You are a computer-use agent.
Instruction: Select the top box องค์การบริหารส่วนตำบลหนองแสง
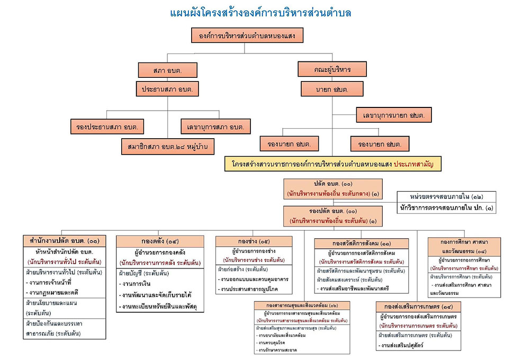tap(247, 36)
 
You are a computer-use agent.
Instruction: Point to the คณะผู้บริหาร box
tap(332, 69)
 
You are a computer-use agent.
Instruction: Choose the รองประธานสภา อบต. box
tap(107, 127)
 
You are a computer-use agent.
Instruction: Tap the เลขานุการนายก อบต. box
tap(394, 114)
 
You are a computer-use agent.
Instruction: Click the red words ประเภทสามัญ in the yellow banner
tap(417, 164)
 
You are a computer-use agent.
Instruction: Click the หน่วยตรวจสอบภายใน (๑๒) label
tap(447, 196)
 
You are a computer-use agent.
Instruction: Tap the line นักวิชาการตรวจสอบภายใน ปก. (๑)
tap(446, 208)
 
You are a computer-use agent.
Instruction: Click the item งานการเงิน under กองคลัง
tap(137, 284)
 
